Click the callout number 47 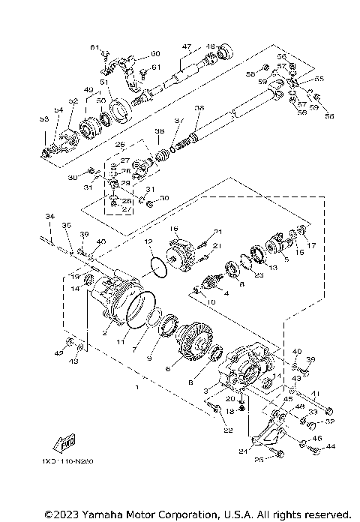tap(187, 46)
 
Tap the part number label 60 tap(156, 53)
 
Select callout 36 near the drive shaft tap(199, 108)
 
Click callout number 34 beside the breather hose tap(49, 216)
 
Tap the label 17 tap(312, 244)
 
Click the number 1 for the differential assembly tap(136, 388)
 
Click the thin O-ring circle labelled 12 tap(159, 266)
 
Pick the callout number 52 tap(73, 100)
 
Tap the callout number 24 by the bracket tap(243, 452)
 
